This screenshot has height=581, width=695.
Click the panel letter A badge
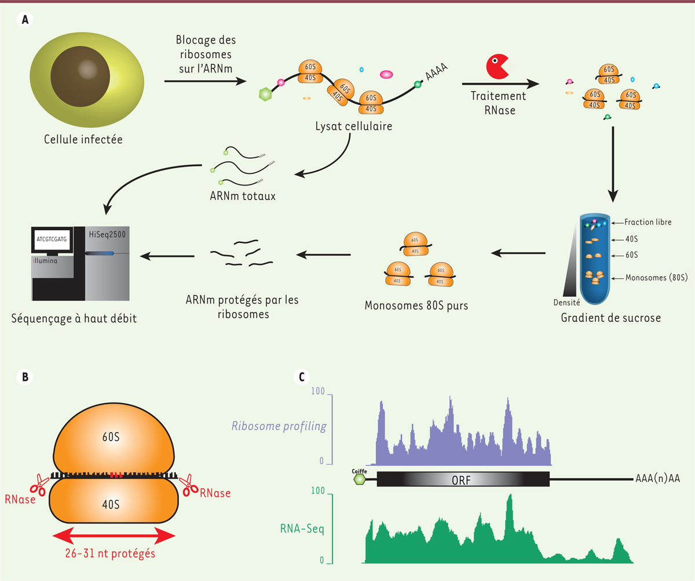click(25, 20)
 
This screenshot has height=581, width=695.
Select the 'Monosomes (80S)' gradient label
click(656, 278)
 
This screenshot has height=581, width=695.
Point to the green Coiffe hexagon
click(360, 480)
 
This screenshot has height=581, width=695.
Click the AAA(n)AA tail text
click(657, 479)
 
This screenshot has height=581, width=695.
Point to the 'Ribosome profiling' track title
click(279, 427)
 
